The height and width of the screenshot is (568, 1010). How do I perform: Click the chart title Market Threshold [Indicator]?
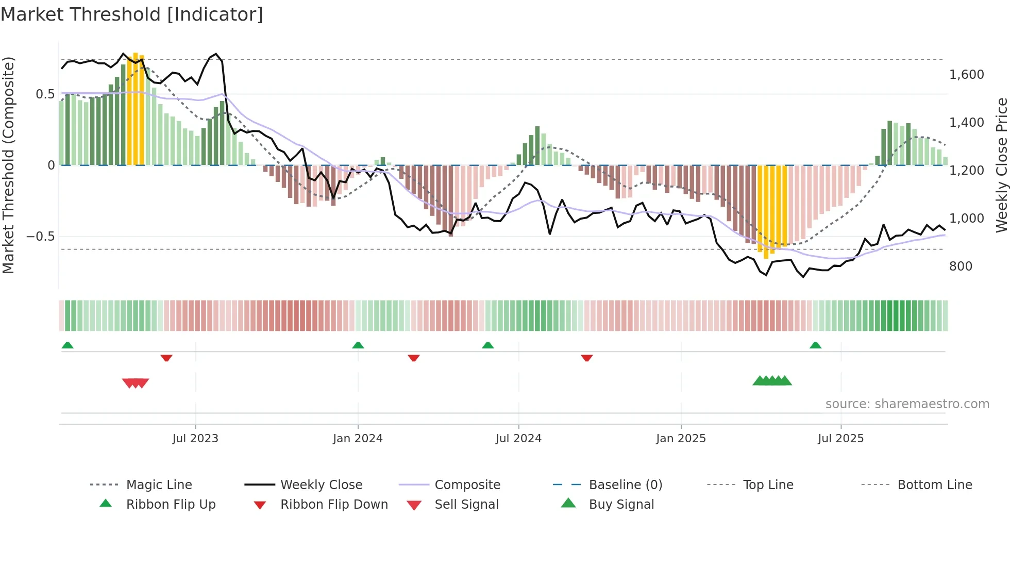[132, 14]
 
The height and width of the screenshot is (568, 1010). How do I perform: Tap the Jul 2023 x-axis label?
[195, 439]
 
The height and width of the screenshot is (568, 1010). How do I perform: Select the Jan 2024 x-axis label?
[358, 439]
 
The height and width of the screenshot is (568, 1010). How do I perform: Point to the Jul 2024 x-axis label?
[518, 439]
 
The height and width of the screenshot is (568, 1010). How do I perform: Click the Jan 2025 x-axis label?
[681, 439]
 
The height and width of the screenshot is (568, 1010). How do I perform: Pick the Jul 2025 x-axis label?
[840, 439]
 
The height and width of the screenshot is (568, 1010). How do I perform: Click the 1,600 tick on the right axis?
[967, 75]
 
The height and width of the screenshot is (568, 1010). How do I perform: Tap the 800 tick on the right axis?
[961, 266]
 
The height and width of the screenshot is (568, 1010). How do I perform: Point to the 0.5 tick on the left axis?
[45, 94]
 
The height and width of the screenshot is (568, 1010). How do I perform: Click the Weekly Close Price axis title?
[1001, 165]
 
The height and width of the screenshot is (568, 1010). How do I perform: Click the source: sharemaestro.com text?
[907, 404]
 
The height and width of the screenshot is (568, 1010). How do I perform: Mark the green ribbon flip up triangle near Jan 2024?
[358, 345]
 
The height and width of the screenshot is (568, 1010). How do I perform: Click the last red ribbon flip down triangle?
[586, 358]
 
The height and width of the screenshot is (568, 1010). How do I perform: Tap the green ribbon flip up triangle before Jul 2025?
[815, 345]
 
